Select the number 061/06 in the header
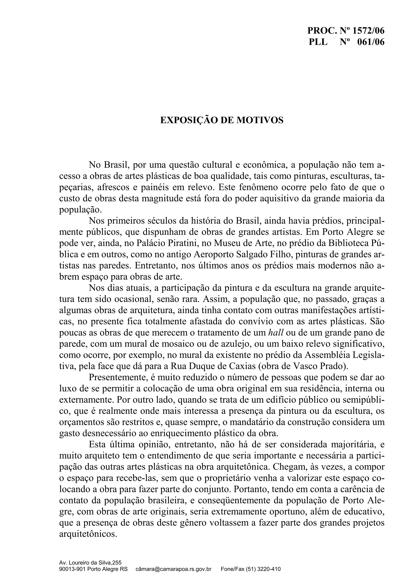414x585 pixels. click(x=371, y=42)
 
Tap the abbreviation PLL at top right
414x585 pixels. click(x=318, y=42)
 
